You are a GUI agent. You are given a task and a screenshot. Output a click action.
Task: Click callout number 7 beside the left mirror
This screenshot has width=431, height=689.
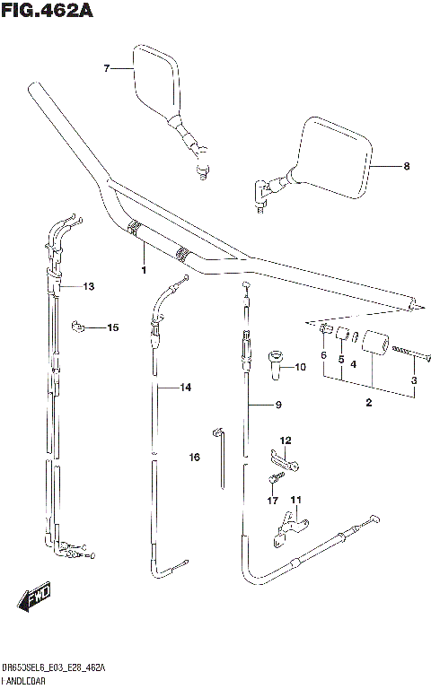tap(106, 68)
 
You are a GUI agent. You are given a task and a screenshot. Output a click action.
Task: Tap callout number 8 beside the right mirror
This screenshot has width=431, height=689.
tap(406, 166)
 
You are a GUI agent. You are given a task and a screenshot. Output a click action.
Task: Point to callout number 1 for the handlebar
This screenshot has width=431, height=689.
tap(143, 269)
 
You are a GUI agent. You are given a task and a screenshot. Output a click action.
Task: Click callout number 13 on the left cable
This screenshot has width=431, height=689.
tap(88, 286)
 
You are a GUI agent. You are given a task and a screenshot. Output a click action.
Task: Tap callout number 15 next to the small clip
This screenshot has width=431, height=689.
tap(112, 327)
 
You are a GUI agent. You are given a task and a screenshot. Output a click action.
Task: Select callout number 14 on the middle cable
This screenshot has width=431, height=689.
tap(185, 388)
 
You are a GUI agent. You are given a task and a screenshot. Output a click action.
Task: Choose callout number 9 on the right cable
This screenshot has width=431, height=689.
tap(278, 406)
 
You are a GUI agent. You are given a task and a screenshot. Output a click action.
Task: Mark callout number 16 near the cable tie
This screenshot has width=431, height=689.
tap(194, 458)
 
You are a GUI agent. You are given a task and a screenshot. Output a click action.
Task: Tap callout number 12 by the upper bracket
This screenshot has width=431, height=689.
tap(286, 440)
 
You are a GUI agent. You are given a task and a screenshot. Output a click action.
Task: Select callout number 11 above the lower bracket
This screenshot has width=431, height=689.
tap(295, 500)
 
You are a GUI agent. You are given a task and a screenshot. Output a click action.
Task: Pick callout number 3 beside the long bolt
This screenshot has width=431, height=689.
tap(413, 381)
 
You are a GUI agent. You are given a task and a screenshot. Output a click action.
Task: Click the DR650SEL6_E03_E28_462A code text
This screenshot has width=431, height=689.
tap(54, 668)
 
